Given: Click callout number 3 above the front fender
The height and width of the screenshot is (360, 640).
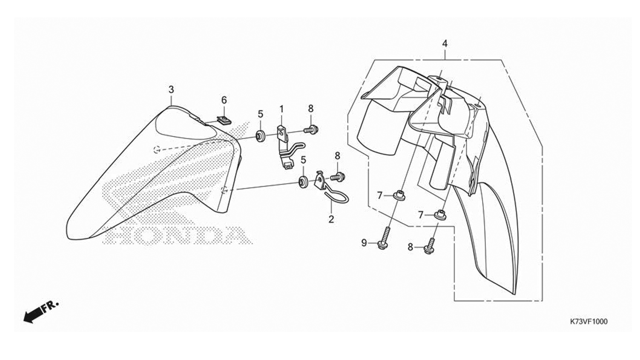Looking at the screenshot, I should (x=171, y=89).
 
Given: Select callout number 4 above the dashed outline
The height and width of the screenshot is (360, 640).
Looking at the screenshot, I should (x=445, y=43).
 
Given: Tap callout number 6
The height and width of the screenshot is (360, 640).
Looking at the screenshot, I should (x=224, y=100).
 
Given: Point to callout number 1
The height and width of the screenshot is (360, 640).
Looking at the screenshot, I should (x=282, y=109).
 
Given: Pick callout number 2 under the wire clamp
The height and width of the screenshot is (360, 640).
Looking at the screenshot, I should (x=331, y=219).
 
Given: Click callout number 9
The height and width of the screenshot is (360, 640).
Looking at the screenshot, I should (x=364, y=243).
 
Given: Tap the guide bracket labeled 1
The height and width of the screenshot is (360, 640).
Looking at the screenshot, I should (x=284, y=145).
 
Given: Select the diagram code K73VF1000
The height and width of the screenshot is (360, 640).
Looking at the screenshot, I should (x=588, y=322).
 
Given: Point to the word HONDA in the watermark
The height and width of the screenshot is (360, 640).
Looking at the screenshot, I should (x=178, y=235).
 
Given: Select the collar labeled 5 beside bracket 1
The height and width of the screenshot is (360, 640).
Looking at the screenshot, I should (x=260, y=136).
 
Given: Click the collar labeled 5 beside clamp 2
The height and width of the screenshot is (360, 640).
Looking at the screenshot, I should (x=303, y=181).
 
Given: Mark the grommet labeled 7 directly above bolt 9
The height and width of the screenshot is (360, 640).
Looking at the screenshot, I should (x=399, y=195).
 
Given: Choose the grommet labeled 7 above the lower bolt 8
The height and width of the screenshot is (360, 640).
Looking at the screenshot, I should (x=439, y=214).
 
